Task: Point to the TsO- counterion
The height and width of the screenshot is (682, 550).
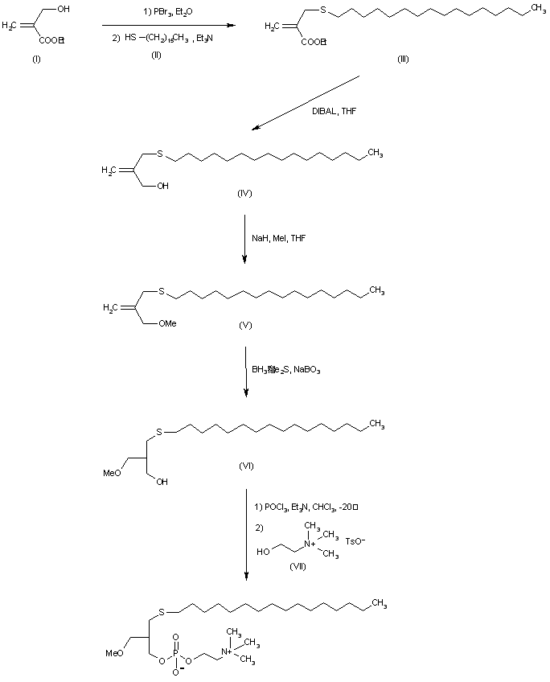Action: (x=355, y=541)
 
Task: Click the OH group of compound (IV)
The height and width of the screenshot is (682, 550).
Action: (x=163, y=185)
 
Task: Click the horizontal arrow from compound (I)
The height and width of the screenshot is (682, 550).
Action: (x=169, y=25)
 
